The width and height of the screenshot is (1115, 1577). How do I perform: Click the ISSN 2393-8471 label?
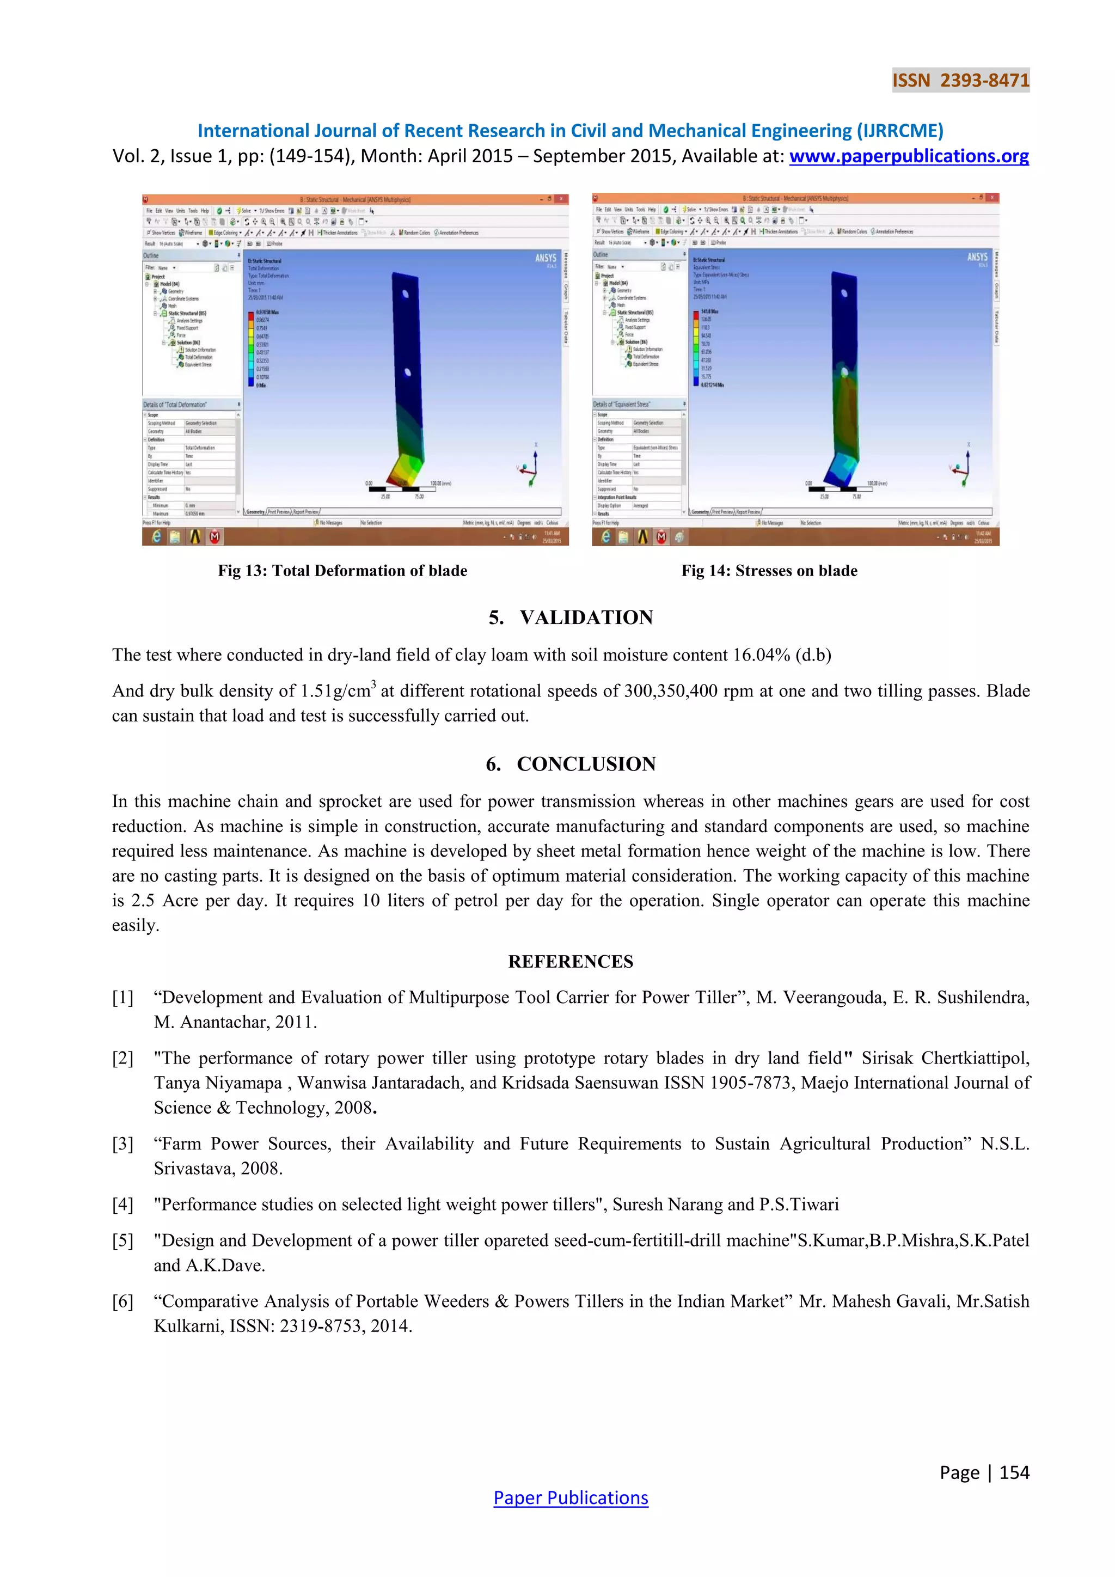pyautogui.click(x=960, y=81)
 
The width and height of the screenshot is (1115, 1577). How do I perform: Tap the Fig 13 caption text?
pyautogui.click(x=342, y=571)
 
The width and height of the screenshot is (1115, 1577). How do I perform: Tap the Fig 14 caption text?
pyautogui.click(x=769, y=571)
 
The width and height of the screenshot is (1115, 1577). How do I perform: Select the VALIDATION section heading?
pyautogui.click(x=586, y=618)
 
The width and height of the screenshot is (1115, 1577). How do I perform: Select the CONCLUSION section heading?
pyautogui.click(x=586, y=764)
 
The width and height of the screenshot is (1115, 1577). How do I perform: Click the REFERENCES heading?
pyautogui.click(x=571, y=962)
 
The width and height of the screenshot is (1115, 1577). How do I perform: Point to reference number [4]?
pyautogui.click(x=123, y=1204)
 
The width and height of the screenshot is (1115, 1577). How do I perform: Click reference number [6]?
pyautogui.click(x=123, y=1301)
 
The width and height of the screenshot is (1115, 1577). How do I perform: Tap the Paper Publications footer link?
pyautogui.click(x=571, y=1497)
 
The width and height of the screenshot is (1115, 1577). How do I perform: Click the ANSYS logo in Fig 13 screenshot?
pyautogui.click(x=546, y=258)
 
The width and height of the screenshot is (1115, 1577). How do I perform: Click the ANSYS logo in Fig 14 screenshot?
pyautogui.click(x=977, y=257)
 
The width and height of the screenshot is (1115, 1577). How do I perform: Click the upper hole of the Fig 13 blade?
pyautogui.click(x=405, y=294)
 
